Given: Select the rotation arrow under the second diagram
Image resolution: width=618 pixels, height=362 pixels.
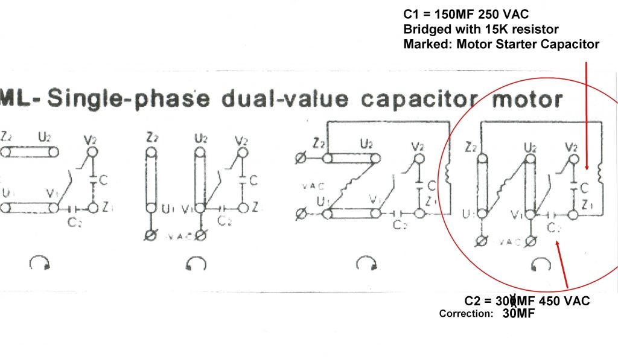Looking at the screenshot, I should (197, 264).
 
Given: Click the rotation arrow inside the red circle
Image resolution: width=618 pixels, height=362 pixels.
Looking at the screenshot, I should (541, 264).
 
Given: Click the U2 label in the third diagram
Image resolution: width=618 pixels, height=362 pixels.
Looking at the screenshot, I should (366, 145).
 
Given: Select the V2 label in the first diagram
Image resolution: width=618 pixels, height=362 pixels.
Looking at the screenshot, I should (91, 140).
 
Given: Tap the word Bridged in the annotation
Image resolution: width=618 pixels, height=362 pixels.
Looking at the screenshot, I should (423, 29).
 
